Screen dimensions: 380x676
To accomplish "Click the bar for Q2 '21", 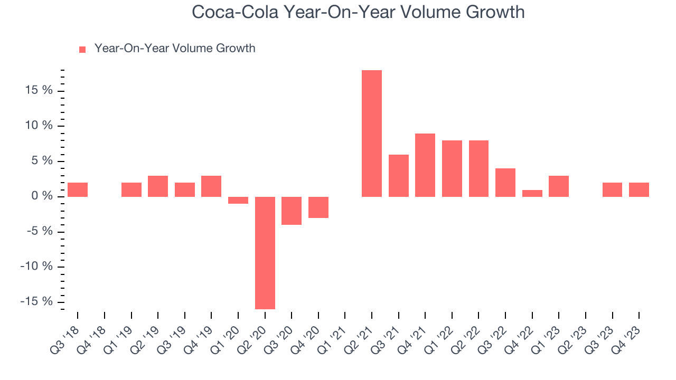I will pos(372,134).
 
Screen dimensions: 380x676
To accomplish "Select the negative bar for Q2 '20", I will pos(265,253).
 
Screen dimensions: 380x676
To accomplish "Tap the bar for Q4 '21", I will pos(425,165).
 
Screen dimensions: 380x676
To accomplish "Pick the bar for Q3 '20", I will pos(292,211).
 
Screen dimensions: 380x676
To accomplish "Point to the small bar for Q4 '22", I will pos(532,193).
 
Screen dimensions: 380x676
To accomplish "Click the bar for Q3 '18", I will pos(78,189).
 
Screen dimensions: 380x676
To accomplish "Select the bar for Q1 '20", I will pos(238,200).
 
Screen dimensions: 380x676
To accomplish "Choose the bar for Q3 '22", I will pos(505,183).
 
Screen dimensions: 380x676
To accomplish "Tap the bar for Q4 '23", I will pos(639,189).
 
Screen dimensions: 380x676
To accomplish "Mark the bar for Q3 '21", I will pos(399,176).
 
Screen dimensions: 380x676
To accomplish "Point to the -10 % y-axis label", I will pos(37,267).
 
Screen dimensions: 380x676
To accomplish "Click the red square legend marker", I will pos(82,50).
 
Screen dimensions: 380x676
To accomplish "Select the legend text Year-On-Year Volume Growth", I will pos(175,49).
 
